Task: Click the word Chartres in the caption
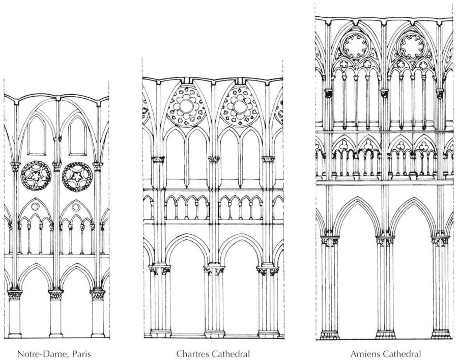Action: pos(192,354)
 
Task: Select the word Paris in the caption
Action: pos(81,354)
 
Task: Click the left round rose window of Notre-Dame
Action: pos(36,176)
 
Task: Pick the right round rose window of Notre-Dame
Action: pos(77,177)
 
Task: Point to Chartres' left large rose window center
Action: pos(186,106)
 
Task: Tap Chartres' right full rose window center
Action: pos(240,106)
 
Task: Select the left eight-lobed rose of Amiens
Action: pos(355,46)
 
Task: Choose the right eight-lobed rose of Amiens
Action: pos(412,46)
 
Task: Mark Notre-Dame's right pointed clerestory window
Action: pos(77,135)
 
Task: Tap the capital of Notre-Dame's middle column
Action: pos(56,294)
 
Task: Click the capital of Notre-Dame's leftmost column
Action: pos(15,294)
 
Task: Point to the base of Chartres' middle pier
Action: pos(215,334)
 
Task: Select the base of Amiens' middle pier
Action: pos(385,335)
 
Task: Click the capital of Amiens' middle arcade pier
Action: pos(385,241)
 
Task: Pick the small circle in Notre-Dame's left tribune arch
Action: pos(35,207)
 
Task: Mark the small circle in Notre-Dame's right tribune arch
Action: pos(76,207)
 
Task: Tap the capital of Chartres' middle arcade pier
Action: pos(214,270)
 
